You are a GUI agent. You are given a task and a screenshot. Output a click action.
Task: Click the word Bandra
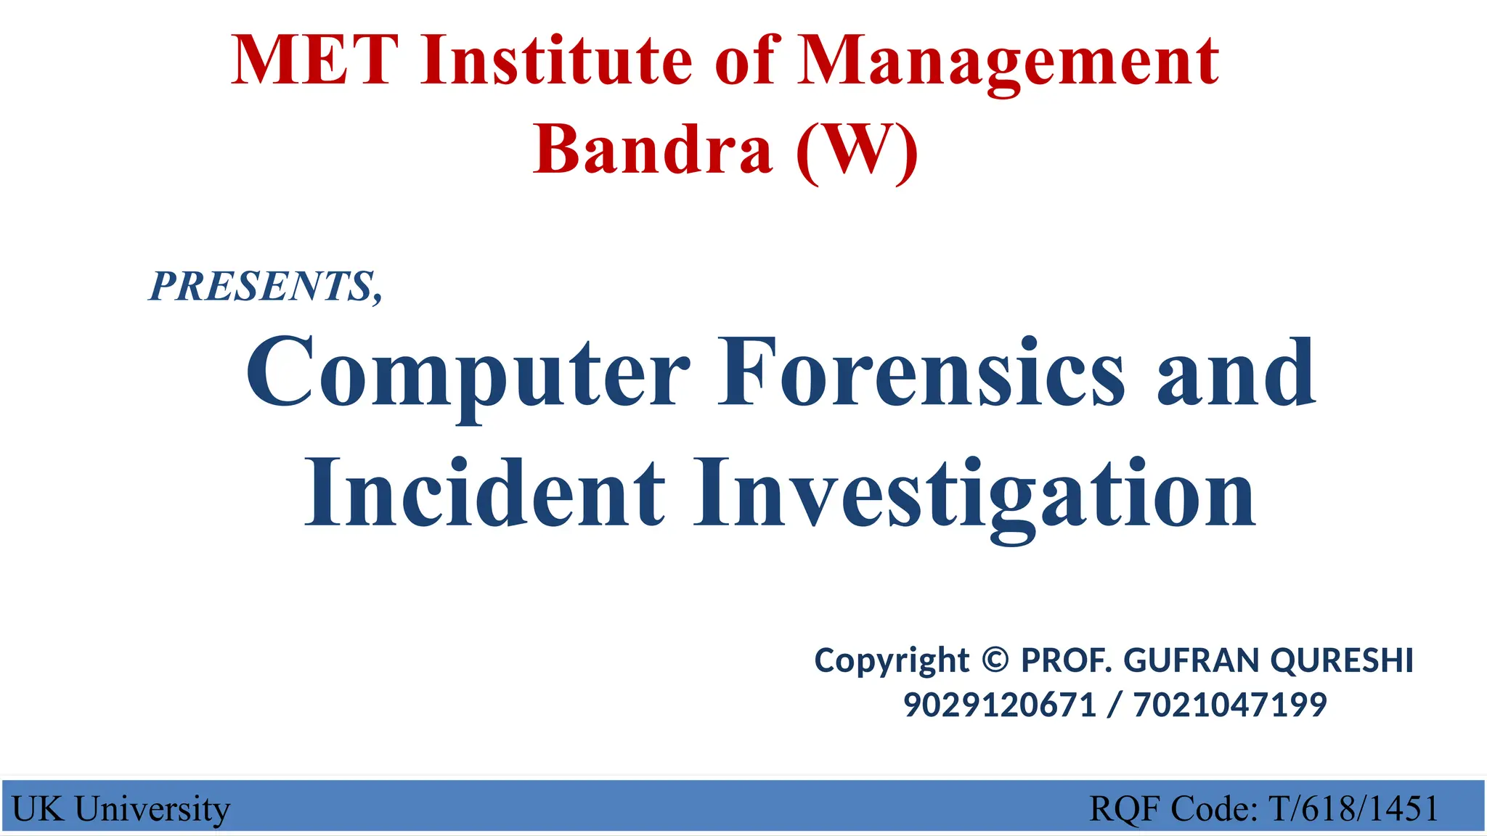(x=653, y=149)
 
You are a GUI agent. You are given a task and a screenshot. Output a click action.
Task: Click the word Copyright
(x=892, y=661)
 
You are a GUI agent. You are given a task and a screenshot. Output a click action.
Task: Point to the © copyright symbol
(x=995, y=660)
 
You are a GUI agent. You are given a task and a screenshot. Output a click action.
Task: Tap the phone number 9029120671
(x=999, y=705)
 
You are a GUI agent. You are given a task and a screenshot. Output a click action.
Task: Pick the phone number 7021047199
(x=1230, y=705)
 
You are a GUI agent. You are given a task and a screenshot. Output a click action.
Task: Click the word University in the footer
(x=152, y=809)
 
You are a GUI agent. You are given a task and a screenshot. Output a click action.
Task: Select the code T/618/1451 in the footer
(x=1353, y=808)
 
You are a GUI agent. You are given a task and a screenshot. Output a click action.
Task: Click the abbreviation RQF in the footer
(x=1125, y=808)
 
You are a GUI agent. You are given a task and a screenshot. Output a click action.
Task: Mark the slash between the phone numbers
(x=1115, y=705)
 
